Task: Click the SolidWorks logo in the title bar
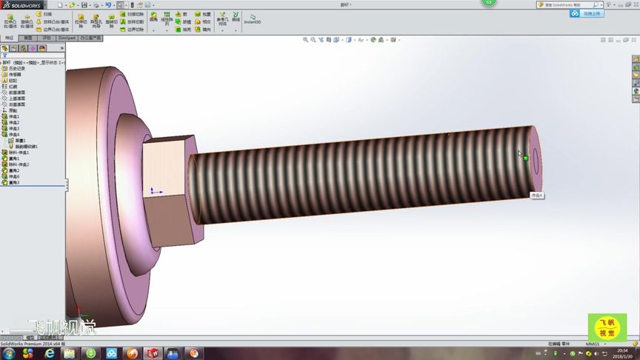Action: click(x=23, y=4)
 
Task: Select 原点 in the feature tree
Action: click(x=13, y=110)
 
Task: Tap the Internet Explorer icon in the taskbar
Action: click(x=50, y=353)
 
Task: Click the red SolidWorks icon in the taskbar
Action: click(x=153, y=353)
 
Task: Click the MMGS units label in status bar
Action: click(x=592, y=344)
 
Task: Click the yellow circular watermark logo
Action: click(x=607, y=328)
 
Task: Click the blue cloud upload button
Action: click(x=593, y=13)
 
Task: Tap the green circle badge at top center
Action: click(x=488, y=2)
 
